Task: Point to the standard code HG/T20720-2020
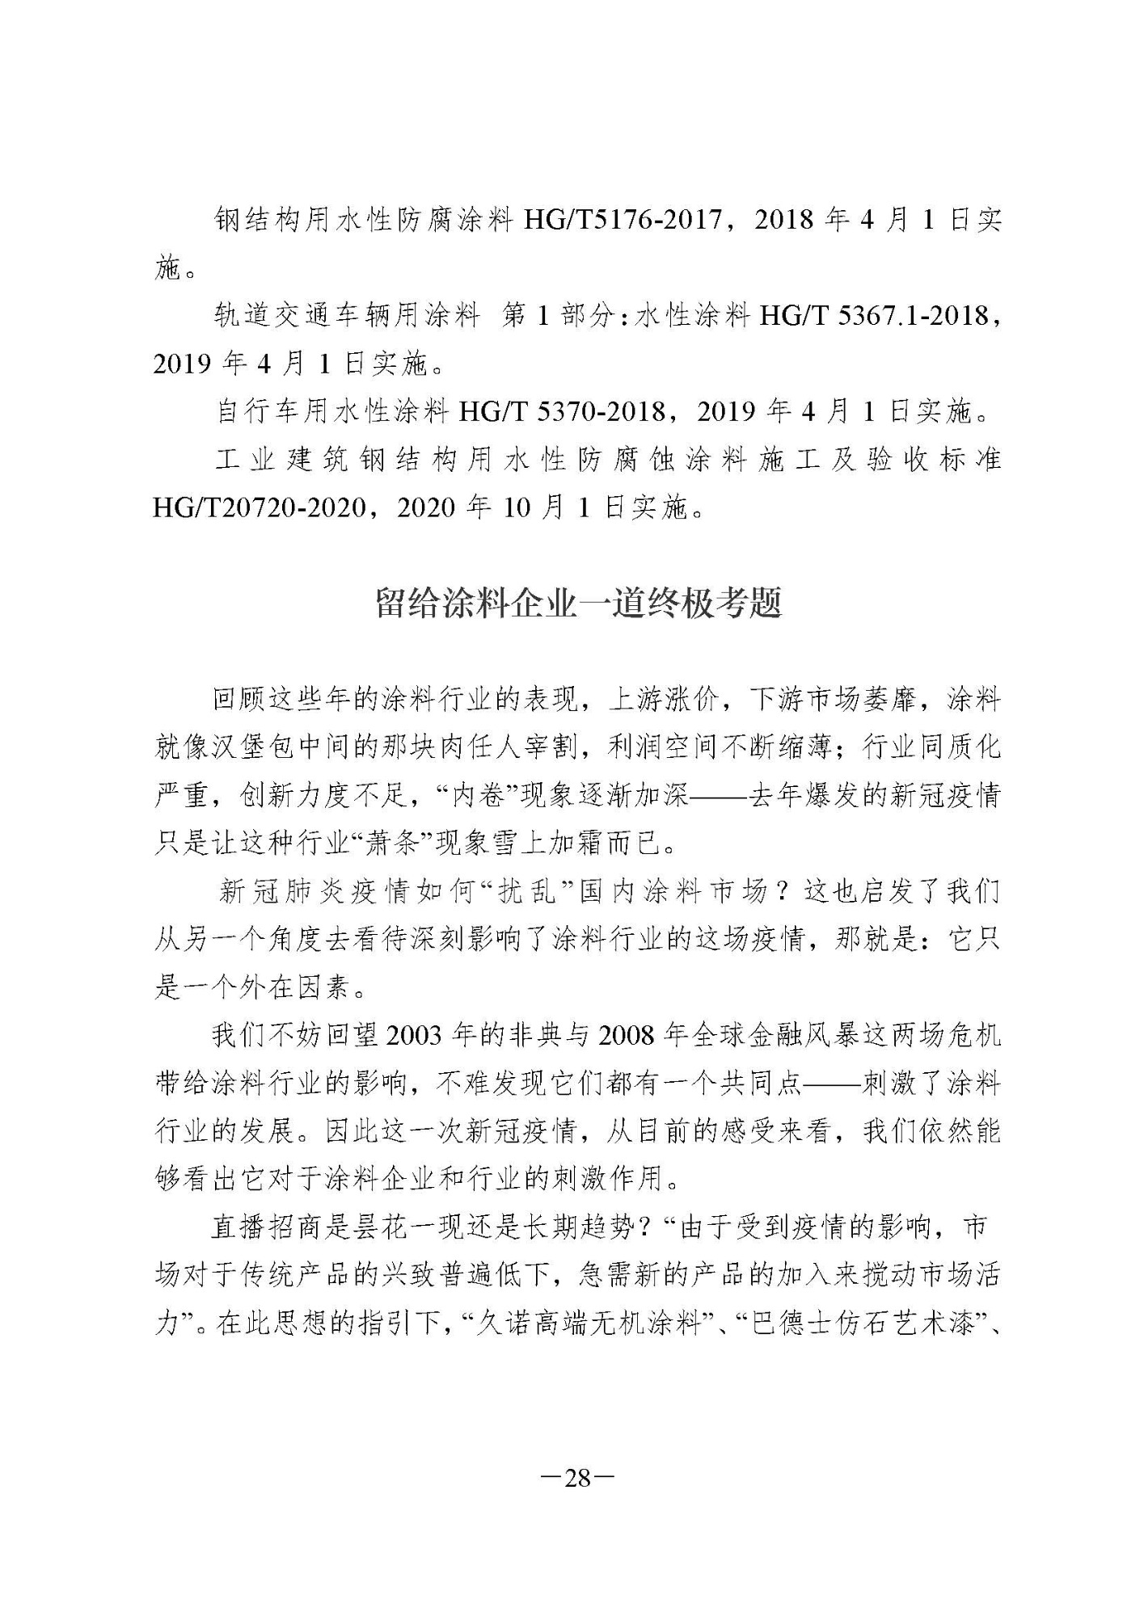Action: click(x=256, y=508)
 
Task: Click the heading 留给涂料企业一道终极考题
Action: click(x=578, y=604)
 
